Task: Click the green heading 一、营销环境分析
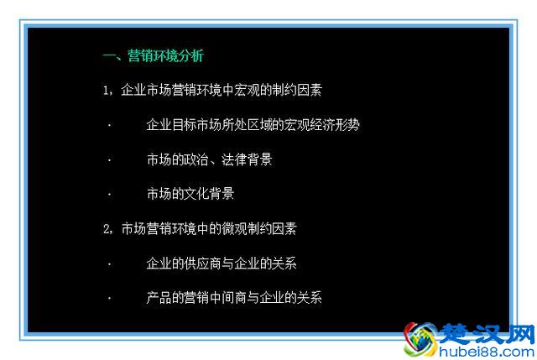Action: tap(153, 56)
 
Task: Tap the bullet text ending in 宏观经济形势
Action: tap(253, 125)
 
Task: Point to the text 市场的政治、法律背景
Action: tap(209, 159)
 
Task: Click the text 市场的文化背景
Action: tap(190, 194)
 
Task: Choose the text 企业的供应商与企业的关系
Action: tap(222, 263)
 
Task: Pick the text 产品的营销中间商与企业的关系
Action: tap(234, 298)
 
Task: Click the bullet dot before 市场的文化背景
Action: tap(108, 195)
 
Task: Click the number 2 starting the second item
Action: tap(106, 229)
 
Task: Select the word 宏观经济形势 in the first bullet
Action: tap(321, 125)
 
